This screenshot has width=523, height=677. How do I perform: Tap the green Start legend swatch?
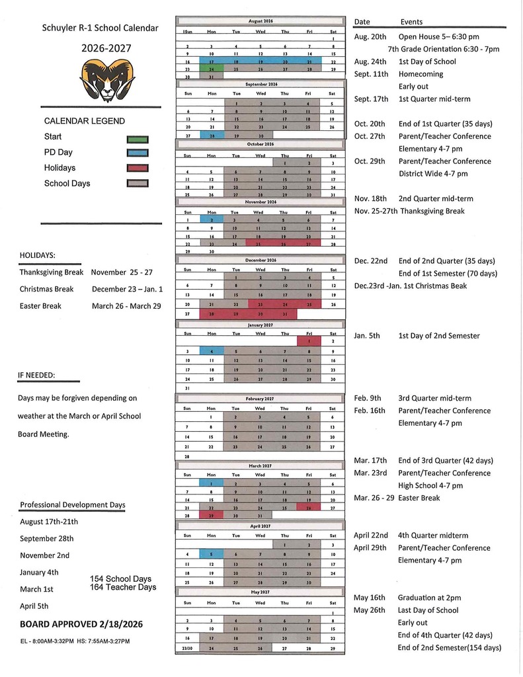click(137, 139)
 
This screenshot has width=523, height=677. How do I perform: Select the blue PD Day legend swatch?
click(137, 153)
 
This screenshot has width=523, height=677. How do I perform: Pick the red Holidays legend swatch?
click(137, 169)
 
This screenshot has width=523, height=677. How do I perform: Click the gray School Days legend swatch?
click(137, 184)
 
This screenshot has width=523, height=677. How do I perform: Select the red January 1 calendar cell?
click(309, 341)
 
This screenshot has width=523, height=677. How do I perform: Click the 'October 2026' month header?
click(260, 143)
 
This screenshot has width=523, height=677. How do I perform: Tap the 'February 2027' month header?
click(260, 399)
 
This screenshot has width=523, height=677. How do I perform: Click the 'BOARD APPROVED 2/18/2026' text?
click(81, 624)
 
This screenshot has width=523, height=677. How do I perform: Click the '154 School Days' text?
click(121, 579)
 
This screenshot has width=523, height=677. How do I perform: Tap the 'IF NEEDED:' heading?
click(37, 376)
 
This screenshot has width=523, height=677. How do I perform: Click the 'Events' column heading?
click(411, 22)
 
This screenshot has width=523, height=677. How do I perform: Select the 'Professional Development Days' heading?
click(73, 505)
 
